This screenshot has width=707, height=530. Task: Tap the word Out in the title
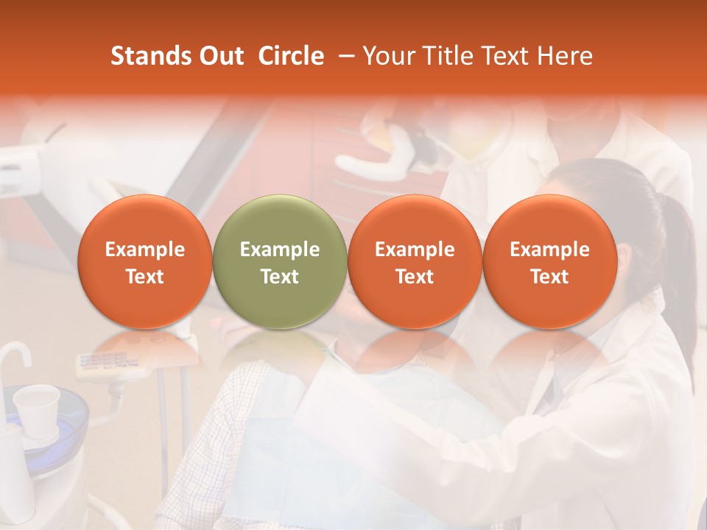(x=220, y=56)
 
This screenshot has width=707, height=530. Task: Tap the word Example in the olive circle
(x=280, y=250)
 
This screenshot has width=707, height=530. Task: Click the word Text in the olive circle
(x=280, y=277)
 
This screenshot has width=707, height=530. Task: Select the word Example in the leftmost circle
(x=145, y=250)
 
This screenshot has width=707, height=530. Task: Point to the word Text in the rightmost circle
(x=550, y=277)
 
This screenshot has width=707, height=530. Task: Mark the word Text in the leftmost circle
(x=145, y=277)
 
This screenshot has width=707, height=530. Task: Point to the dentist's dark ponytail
(x=678, y=265)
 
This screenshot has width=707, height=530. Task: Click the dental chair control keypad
(x=103, y=363)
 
